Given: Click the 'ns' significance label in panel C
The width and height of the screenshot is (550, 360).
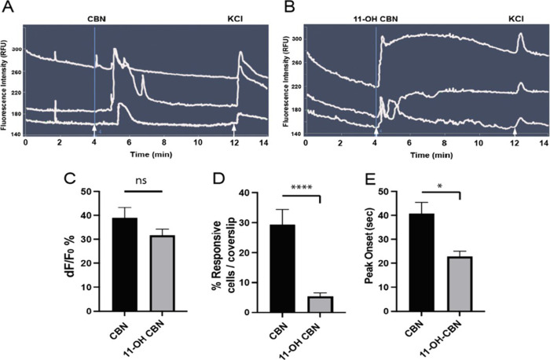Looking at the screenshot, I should click(x=142, y=181).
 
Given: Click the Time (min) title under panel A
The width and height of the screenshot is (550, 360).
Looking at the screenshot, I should click(x=145, y=155).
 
